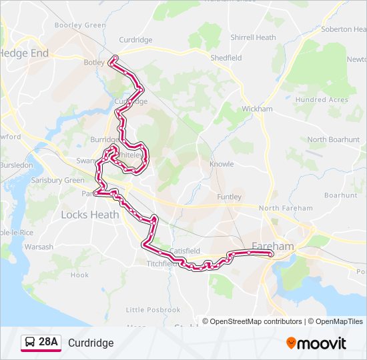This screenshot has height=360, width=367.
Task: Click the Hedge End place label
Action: pyautogui.click(x=25, y=53)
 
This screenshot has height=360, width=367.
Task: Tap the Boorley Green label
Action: pyautogui.click(x=80, y=25)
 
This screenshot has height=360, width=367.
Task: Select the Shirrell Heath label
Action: pyautogui.click(x=252, y=38)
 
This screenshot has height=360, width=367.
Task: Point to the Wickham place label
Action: pyautogui.click(x=257, y=109)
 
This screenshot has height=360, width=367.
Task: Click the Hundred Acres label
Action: pyautogui.click(x=322, y=99)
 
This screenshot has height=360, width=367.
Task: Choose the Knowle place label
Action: pyautogui.click(x=222, y=164)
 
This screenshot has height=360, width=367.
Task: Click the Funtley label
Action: pyautogui.click(x=229, y=197)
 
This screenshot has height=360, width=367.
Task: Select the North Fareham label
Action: pyautogui.click(x=286, y=208)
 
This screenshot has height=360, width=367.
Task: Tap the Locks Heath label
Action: pyautogui.click(x=89, y=215)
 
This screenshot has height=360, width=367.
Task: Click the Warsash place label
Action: pyautogui.click(x=39, y=247)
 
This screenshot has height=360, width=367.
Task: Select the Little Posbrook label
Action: pyautogui.click(x=153, y=310)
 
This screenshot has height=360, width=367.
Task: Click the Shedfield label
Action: pyautogui.click(x=226, y=58)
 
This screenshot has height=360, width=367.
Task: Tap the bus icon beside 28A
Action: pyautogui.click(x=30, y=343)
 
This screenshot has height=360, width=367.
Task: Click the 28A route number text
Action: pyautogui.click(x=48, y=342)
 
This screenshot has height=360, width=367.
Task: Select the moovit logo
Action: pyautogui.click(x=316, y=343)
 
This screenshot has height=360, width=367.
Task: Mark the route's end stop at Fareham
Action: pyautogui.click(x=271, y=254)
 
